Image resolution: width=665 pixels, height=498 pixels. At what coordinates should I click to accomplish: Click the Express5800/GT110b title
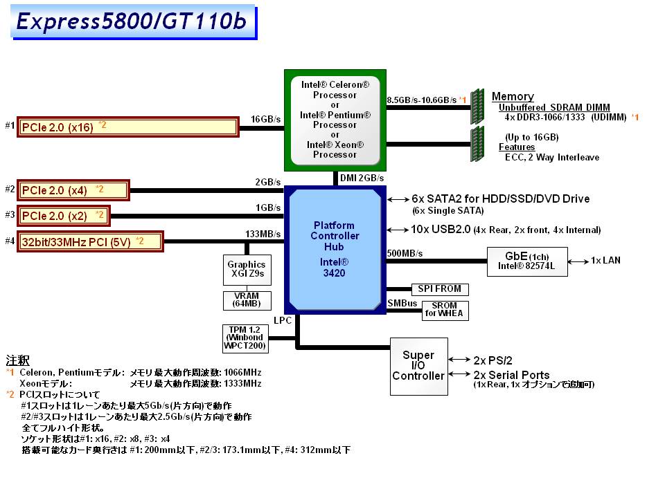132,21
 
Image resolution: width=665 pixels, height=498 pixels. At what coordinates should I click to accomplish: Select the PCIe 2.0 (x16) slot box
128,127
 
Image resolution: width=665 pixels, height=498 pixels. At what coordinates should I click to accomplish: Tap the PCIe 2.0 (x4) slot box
73,190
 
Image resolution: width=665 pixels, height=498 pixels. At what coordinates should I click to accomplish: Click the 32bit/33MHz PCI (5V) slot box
90,241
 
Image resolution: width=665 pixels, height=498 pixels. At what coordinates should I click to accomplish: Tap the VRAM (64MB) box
247,300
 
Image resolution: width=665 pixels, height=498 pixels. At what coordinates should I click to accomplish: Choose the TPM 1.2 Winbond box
246,336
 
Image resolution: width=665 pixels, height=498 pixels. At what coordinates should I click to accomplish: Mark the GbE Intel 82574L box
528,261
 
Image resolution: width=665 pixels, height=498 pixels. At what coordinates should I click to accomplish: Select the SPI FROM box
440,288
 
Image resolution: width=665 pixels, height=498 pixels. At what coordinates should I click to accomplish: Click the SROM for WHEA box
445,311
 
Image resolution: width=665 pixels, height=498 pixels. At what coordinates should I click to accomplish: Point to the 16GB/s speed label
266,119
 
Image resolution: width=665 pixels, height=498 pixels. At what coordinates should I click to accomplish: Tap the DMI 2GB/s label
362,178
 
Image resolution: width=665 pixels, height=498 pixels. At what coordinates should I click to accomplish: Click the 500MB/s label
405,252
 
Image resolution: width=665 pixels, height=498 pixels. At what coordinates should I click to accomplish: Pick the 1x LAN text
605,261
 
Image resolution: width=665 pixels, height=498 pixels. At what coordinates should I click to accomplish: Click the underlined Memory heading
513,97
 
